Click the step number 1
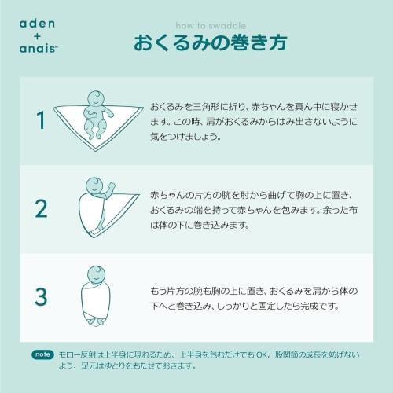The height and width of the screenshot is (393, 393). (x=42, y=120)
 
